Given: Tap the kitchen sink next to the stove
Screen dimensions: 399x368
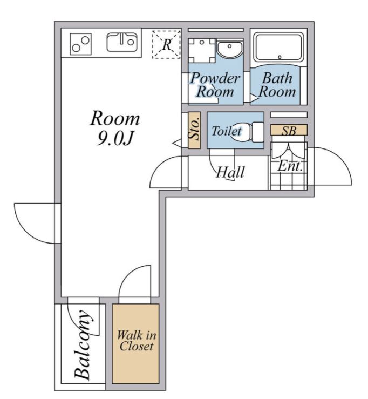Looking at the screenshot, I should [122, 42].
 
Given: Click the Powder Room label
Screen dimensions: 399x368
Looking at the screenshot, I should [215, 84].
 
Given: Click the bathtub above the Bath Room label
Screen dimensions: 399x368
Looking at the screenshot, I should [278, 47].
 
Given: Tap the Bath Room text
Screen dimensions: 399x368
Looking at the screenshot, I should [277, 84].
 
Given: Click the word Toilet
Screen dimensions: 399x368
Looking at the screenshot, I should [226, 131].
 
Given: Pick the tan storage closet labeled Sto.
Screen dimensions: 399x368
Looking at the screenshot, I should [194, 130].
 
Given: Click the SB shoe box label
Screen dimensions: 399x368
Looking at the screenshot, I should [289, 130].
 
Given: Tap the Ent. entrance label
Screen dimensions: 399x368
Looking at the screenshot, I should [289, 166].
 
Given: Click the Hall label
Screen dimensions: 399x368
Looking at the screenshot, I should [230, 173].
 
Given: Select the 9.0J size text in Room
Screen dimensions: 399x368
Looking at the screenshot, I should [115, 139].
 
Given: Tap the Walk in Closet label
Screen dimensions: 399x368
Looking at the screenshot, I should [136, 341].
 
